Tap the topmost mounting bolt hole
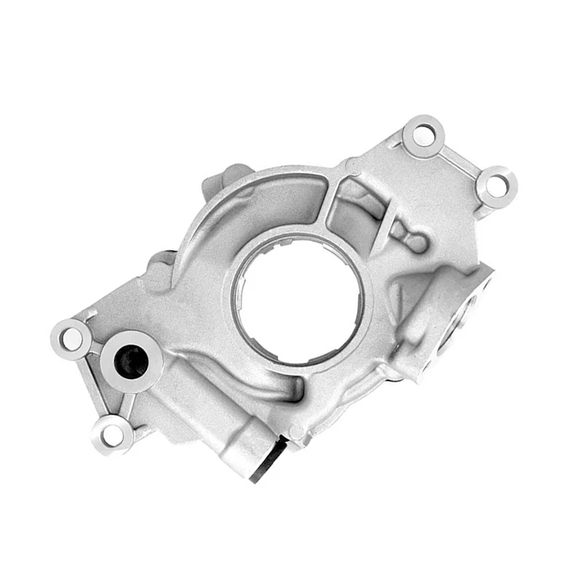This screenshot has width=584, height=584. click(423, 134)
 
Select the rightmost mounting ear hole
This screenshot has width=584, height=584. click(496, 183)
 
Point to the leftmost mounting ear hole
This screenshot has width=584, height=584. click(72, 337)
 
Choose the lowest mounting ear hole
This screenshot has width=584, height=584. click(112, 434)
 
